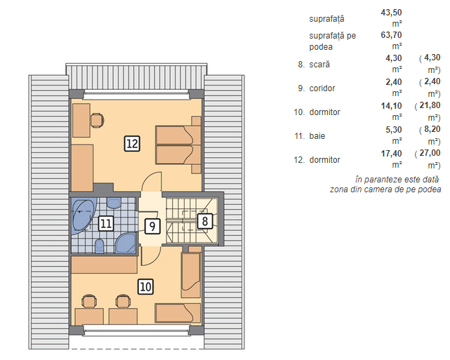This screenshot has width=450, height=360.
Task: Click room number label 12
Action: (132, 143)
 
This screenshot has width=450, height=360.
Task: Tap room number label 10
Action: (145, 286)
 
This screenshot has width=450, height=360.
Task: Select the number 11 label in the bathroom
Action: (106, 223)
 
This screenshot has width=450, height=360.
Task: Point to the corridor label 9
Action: (152, 227)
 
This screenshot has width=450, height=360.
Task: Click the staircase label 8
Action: (205, 221)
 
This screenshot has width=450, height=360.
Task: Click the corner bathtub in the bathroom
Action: (84, 215)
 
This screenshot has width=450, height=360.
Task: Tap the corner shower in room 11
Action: (126, 243)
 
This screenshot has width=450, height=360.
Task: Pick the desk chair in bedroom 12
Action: (97, 120)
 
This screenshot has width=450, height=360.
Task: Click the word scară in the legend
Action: (319, 65)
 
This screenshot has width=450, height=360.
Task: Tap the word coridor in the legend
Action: (322, 88)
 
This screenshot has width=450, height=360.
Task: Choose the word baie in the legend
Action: (317, 135)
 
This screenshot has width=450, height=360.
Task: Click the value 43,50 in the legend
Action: (391, 13)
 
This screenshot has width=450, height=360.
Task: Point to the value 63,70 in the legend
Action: (391, 35)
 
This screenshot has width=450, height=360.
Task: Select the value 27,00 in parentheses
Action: (430, 153)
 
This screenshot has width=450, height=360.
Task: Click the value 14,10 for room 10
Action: (391, 106)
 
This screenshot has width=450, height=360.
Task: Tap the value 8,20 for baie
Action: (432, 129)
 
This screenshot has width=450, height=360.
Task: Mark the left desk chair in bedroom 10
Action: (89, 301)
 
